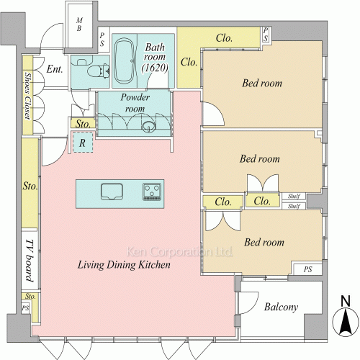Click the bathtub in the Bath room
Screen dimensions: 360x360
(124, 61)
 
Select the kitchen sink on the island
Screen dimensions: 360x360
(112, 192)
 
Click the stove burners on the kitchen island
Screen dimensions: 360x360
(152, 192)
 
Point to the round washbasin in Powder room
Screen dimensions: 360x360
(148, 127)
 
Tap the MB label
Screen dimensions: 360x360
(79, 24)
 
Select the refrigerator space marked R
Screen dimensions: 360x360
(83, 143)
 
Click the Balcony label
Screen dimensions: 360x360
(281, 307)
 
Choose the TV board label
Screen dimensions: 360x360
(30, 261)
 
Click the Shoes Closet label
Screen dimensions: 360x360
(28, 96)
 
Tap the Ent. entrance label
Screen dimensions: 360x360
(55, 69)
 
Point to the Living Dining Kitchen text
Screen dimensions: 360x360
(124, 265)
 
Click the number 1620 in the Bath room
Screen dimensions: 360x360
(155, 68)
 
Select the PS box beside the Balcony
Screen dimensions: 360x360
(308, 269)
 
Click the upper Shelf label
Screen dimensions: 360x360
(294, 197)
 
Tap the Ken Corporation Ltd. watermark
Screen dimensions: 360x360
(179, 252)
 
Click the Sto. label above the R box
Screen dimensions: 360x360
(83, 124)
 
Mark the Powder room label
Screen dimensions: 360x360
(135, 103)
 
